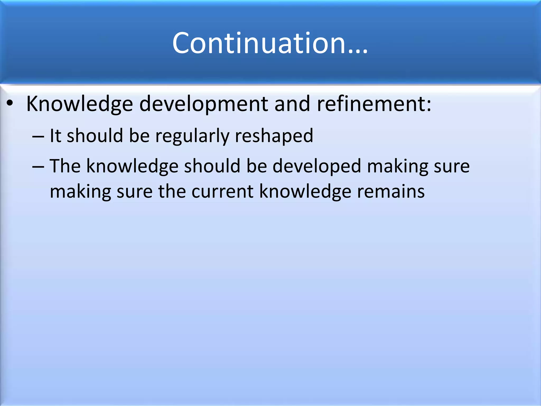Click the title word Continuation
[x=259, y=43]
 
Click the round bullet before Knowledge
[x=10, y=104]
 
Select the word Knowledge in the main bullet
[x=80, y=104]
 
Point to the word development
[x=204, y=104]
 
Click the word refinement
[x=371, y=104]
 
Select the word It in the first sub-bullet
[x=55, y=136]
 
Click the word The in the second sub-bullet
[x=65, y=166]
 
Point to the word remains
[x=391, y=191]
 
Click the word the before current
[x=172, y=191]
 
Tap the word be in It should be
[x=139, y=136]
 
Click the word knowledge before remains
[x=305, y=191]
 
